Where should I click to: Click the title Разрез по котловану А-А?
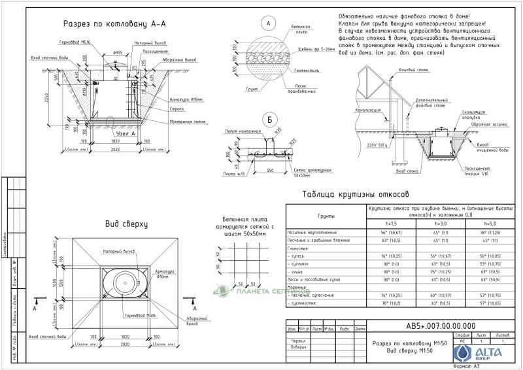click(x=114, y=24)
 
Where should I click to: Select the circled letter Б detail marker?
click(x=268, y=120)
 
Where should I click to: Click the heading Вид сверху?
click(x=127, y=224)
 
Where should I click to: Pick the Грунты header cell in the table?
click(x=326, y=216)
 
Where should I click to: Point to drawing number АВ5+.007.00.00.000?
click(x=441, y=327)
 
